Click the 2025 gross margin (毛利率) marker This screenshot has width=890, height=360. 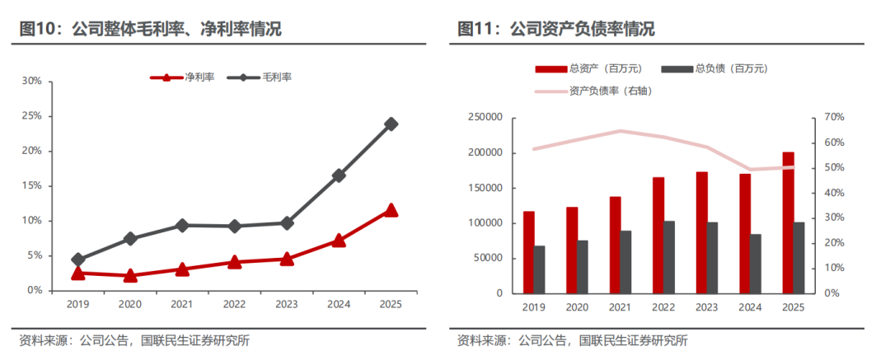pyautogui.click(x=391, y=124)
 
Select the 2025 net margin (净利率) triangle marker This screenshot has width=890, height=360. pyautogui.click(x=391, y=210)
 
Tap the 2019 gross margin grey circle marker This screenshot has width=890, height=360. pyautogui.click(x=78, y=259)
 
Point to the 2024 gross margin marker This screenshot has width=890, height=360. pyautogui.click(x=340, y=175)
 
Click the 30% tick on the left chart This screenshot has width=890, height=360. pyautogui.click(x=31, y=82)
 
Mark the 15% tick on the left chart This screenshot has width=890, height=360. pyautogui.click(x=31, y=186)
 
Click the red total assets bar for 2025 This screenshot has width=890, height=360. pyautogui.click(x=789, y=222)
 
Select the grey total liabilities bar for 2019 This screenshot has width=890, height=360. pyautogui.click(x=540, y=269)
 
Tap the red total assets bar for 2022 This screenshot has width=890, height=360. pyautogui.click(x=658, y=235)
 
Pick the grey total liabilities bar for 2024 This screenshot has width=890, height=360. pyautogui.click(x=756, y=264)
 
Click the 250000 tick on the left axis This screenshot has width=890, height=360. pyautogui.click(x=484, y=118)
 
